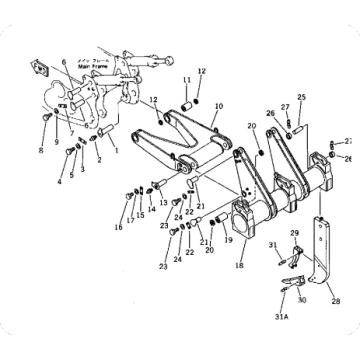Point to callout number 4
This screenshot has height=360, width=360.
click(x=59, y=183)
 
